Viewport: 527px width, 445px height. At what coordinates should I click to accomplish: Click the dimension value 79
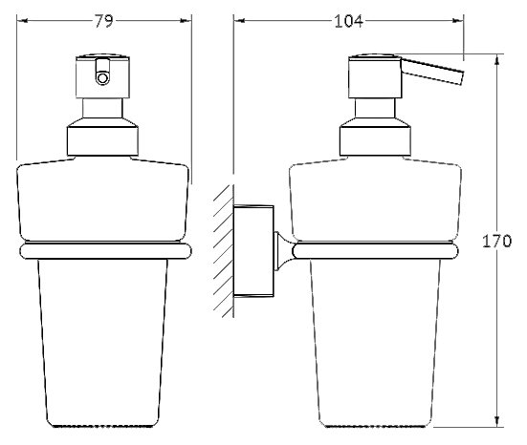tap(103, 21)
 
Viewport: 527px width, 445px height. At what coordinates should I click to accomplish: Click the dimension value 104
tap(348, 21)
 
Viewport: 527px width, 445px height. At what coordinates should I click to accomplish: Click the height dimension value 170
tap(496, 241)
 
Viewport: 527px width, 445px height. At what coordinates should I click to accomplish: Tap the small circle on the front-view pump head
tap(102, 78)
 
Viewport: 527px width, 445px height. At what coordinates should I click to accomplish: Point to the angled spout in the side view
tap(433, 72)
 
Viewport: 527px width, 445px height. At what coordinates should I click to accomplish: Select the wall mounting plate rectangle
tap(253, 251)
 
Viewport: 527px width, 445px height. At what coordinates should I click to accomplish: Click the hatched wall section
tap(224, 251)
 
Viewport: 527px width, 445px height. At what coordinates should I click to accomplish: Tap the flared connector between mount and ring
tap(284, 251)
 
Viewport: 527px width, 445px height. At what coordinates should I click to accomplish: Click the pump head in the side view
tap(375, 76)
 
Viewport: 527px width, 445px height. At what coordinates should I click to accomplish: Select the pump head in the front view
tap(102, 76)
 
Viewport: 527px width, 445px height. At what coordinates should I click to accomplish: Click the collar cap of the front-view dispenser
tap(102, 137)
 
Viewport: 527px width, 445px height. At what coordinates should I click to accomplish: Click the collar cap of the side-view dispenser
tap(375, 137)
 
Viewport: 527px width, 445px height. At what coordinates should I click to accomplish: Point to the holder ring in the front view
tap(105, 251)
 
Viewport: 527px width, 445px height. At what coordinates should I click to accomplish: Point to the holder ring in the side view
tap(375, 251)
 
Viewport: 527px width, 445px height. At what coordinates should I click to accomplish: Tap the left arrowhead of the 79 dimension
tap(22, 21)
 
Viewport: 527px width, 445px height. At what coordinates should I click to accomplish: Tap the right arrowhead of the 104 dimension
tap(458, 21)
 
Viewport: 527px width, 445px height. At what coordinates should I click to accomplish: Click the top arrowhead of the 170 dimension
tap(497, 60)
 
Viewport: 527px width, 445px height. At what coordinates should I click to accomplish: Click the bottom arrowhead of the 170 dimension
tap(497, 421)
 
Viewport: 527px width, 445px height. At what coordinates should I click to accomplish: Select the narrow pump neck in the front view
tap(102, 108)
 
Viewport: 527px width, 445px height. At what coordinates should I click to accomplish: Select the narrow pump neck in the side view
tap(375, 108)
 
